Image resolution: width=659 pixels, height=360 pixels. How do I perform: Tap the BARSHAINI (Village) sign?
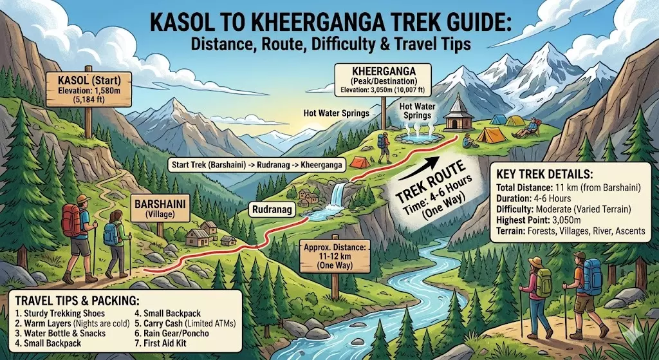tap(160, 207)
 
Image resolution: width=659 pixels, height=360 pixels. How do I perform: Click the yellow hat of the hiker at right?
tap(535, 261)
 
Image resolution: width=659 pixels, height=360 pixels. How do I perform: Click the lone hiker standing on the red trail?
tap(384, 147)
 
